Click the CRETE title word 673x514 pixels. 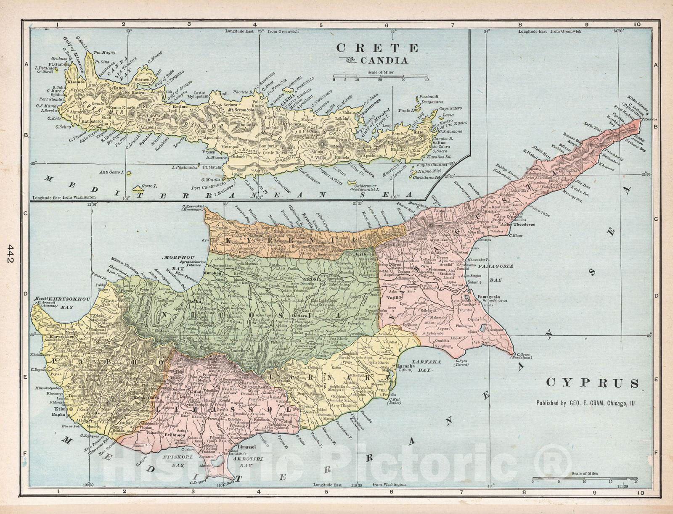click(x=377, y=48)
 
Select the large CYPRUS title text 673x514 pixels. click(x=592, y=383)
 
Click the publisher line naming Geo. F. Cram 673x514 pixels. click(x=586, y=403)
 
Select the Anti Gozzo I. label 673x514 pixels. click(x=111, y=172)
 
